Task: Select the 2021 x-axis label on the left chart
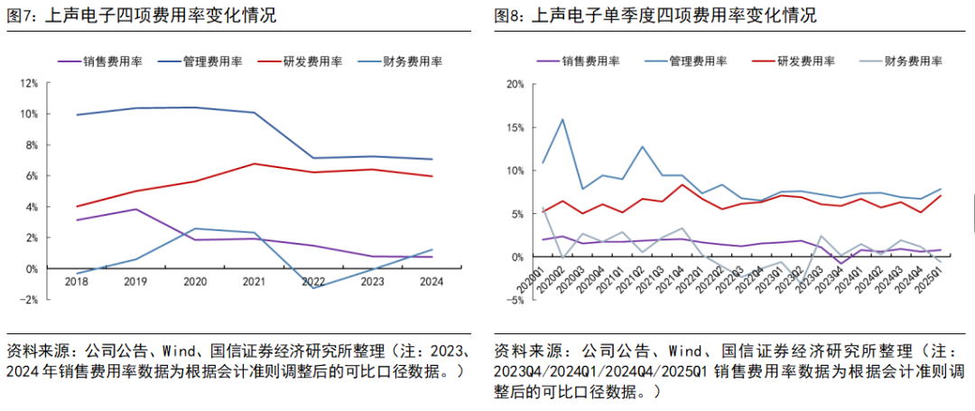[x=254, y=281]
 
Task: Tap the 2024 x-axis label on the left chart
[x=432, y=281]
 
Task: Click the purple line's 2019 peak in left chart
[x=135, y=210]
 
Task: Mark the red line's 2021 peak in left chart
[x=255, y=163]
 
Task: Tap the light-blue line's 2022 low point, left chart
[x=313, y=288]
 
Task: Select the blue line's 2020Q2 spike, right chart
[x=563, y=119]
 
